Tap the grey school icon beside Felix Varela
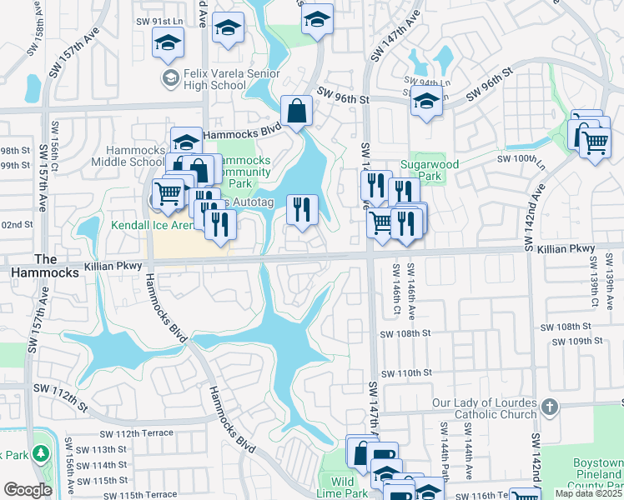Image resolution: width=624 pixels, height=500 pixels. (x=169, y=78)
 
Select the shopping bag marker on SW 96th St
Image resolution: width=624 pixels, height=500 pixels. (x=296, y=110)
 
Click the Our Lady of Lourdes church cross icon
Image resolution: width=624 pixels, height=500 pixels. (x=549, y=407)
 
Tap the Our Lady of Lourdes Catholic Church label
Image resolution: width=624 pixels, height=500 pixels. (x=484, y=408)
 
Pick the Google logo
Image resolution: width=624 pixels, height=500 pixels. (x=28, y=489)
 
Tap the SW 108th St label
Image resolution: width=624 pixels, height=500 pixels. (x=403, y=333)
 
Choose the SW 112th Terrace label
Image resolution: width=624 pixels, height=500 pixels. (x=136, y=433)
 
